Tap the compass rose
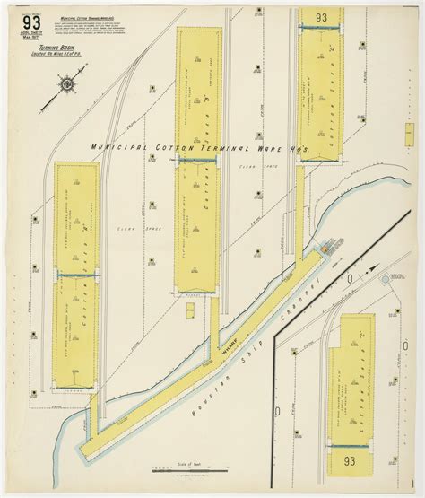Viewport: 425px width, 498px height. coord(67,84)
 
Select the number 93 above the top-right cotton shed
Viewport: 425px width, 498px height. coord(320,17)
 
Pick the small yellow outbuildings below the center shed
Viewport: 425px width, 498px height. coord(190,310)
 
